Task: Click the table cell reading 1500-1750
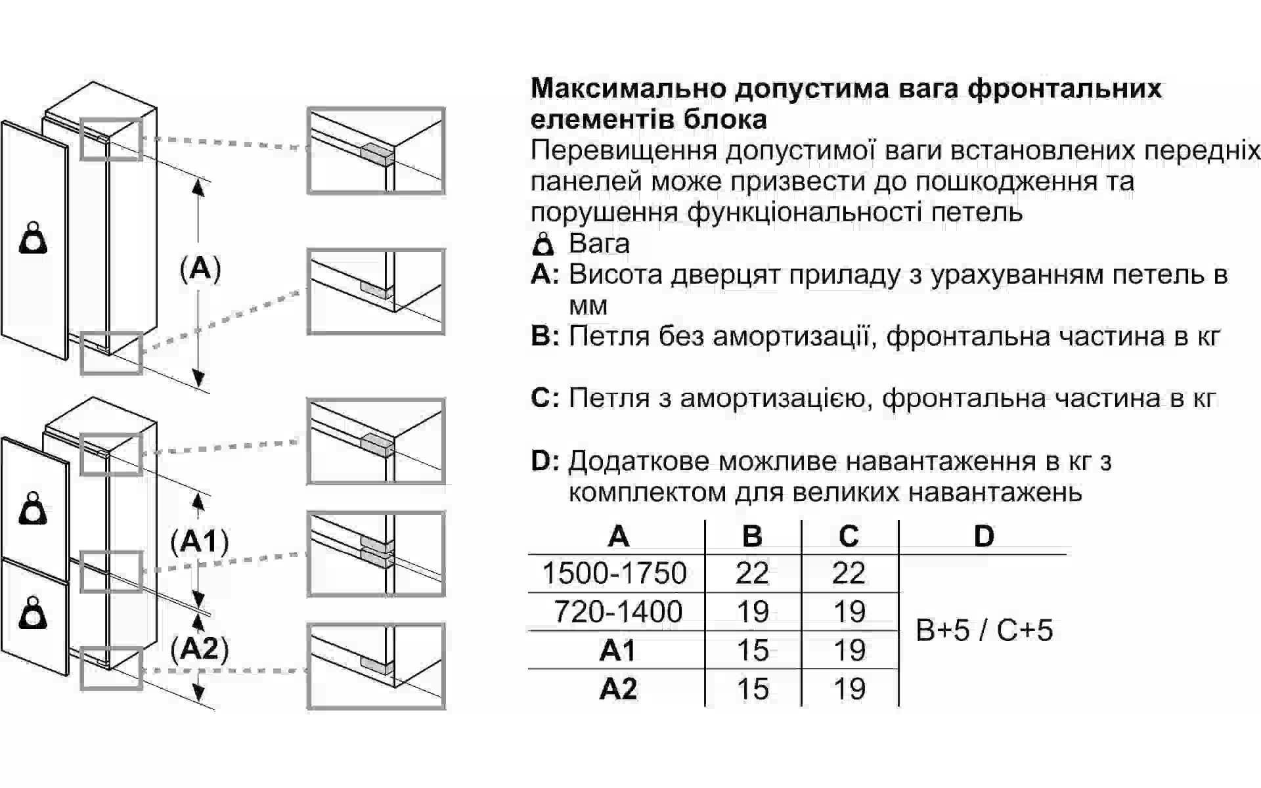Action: click(614, 573)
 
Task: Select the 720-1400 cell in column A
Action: click(618, 611)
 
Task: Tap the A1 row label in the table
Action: click(618, 650)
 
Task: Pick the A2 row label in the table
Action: click(618, 689)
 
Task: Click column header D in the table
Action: click(984, 536)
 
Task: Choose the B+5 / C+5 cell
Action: click(984, 630)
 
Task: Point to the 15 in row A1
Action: click(753, 650)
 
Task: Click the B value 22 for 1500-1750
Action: click(752, 573)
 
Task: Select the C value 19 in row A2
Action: click(849, 689)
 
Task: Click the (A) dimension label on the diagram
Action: click(200, 269)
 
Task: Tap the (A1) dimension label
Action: click(200, 541)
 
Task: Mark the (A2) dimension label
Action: click(200, 648)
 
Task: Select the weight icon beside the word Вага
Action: click(543, 244)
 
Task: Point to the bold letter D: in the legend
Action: click(545, 460)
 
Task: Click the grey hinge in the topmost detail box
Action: click(376, 154)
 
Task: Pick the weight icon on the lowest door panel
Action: click(33, 613)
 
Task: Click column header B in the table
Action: click(752, 536)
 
